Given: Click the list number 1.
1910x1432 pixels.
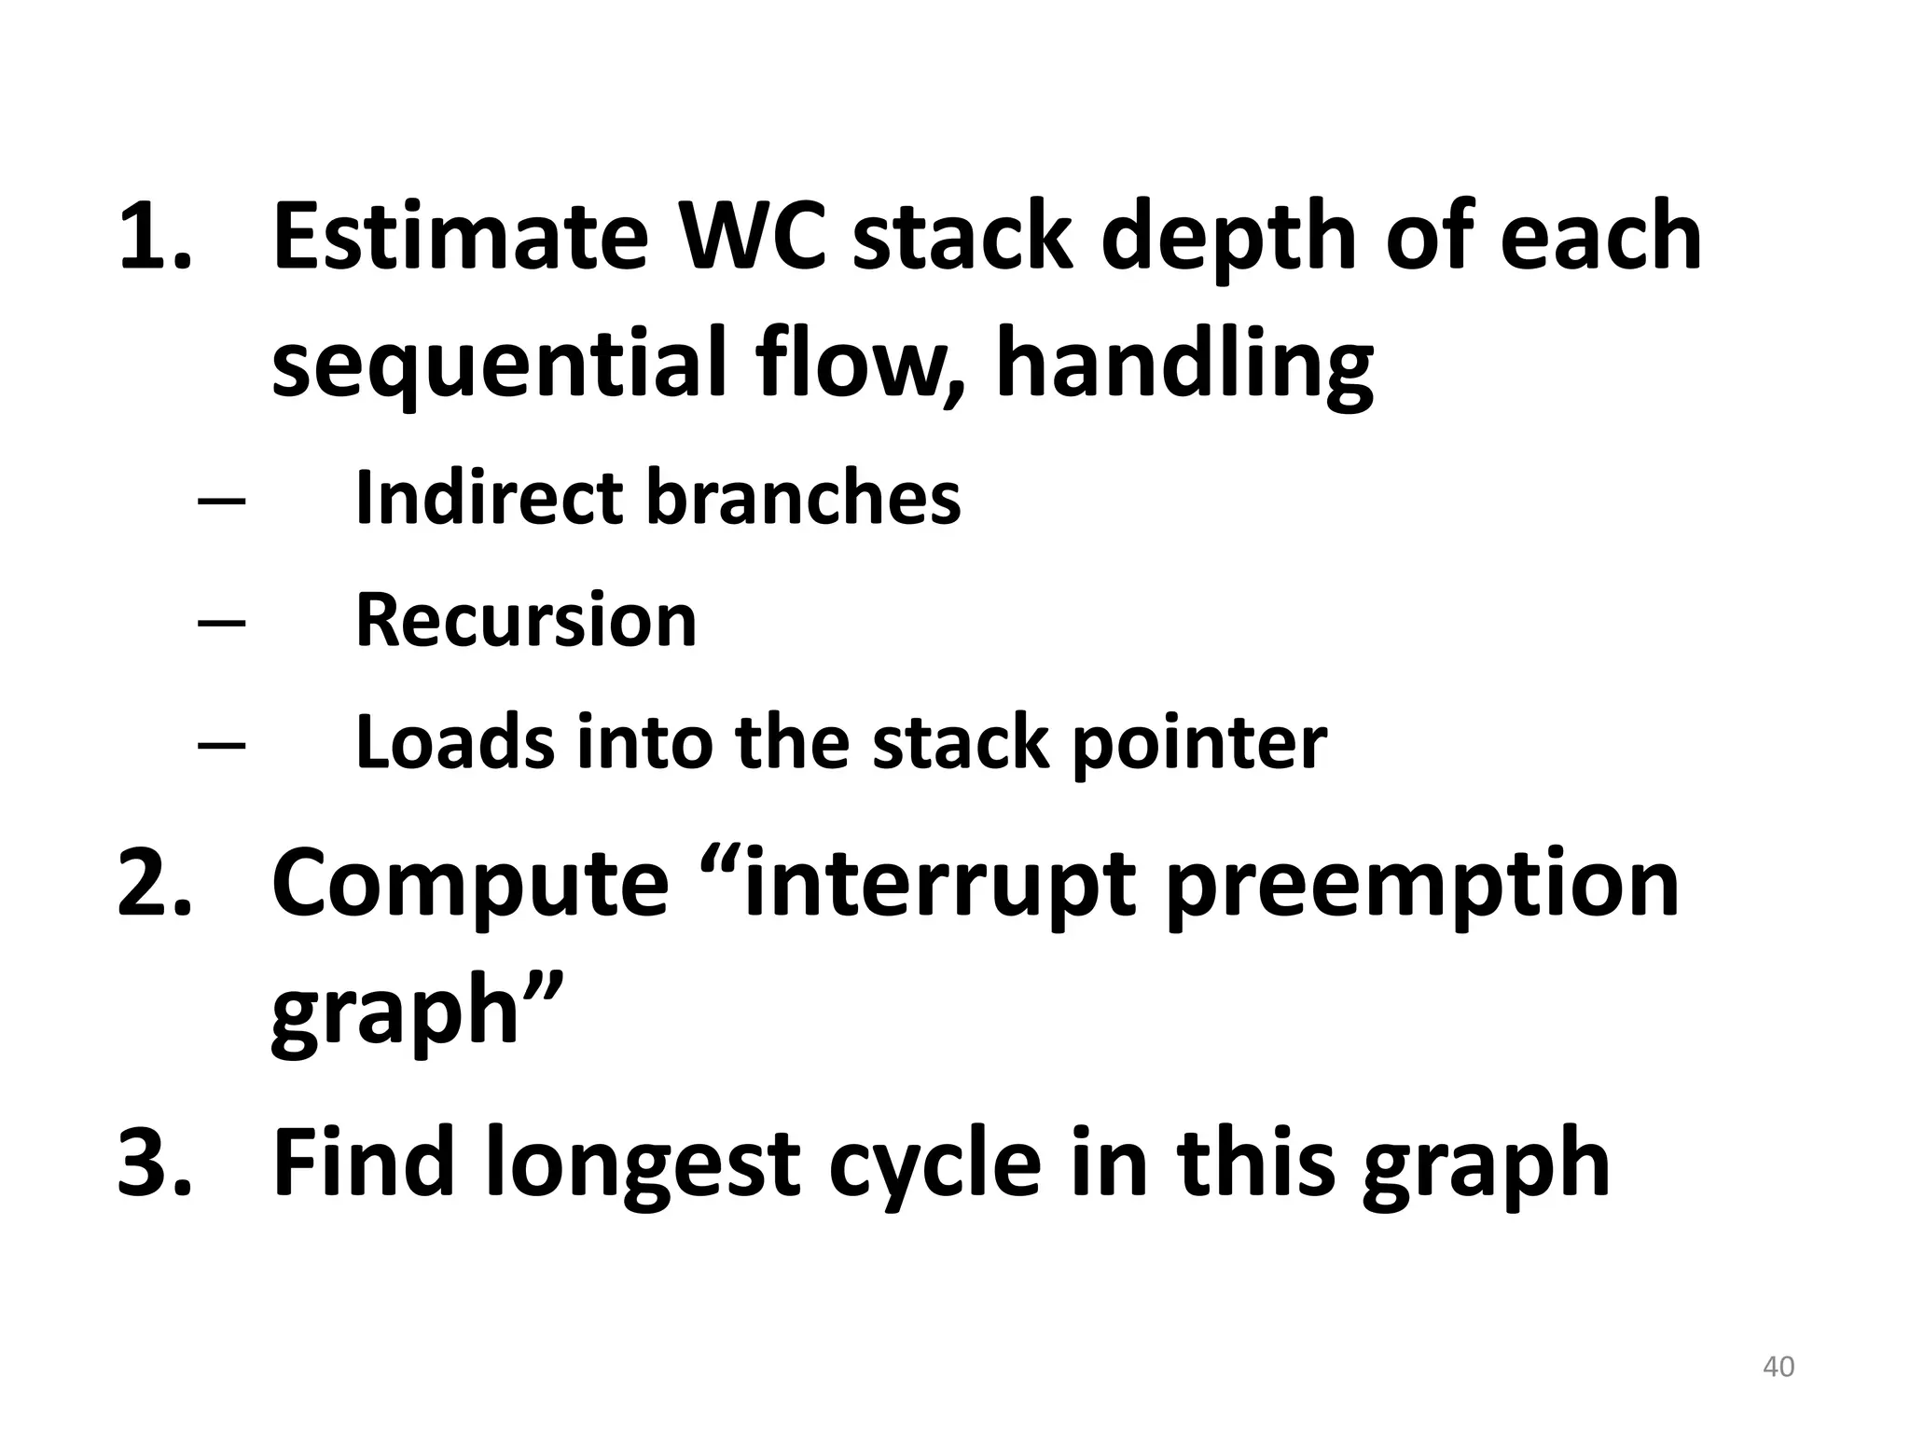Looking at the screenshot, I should point(154,237).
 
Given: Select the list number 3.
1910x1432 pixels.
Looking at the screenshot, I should point(154,1162).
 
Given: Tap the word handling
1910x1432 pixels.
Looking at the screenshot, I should point(1184,365).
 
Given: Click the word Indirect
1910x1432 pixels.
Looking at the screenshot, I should point(488,497).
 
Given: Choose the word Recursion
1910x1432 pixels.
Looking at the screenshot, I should point(526,619).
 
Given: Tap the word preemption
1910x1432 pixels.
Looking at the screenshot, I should point(1421,886).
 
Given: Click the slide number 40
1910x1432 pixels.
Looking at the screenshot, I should point(1779,1367).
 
